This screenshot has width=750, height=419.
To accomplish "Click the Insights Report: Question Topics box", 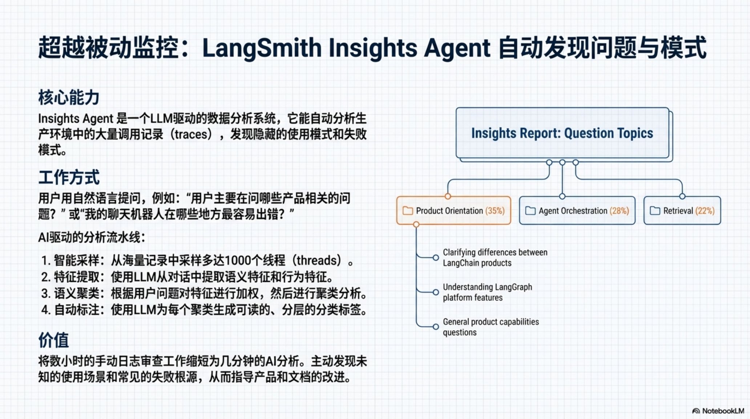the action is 562,133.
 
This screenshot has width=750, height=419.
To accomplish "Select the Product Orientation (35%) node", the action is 453,211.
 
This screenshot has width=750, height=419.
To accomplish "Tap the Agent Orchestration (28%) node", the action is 577,211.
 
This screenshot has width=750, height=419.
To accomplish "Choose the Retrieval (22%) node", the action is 682,211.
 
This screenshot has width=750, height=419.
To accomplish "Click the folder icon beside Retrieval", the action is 655,211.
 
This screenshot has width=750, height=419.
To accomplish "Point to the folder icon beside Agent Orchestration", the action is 531,211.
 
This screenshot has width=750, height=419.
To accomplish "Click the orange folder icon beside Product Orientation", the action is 408,211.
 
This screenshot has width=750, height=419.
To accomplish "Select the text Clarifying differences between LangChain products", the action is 495,258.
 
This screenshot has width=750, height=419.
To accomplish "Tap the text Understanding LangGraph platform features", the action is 487,292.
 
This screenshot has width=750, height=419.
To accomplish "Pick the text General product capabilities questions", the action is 491,327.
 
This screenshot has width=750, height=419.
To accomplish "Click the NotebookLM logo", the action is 718,411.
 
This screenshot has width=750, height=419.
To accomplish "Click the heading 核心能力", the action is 69,98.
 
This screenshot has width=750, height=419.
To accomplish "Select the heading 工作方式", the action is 69,177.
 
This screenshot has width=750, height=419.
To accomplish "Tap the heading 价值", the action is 53,340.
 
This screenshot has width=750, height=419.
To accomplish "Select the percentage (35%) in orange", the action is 495,211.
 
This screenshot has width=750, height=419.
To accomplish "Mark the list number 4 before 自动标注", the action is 45,310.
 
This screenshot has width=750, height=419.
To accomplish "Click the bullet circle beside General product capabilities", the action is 436,327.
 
